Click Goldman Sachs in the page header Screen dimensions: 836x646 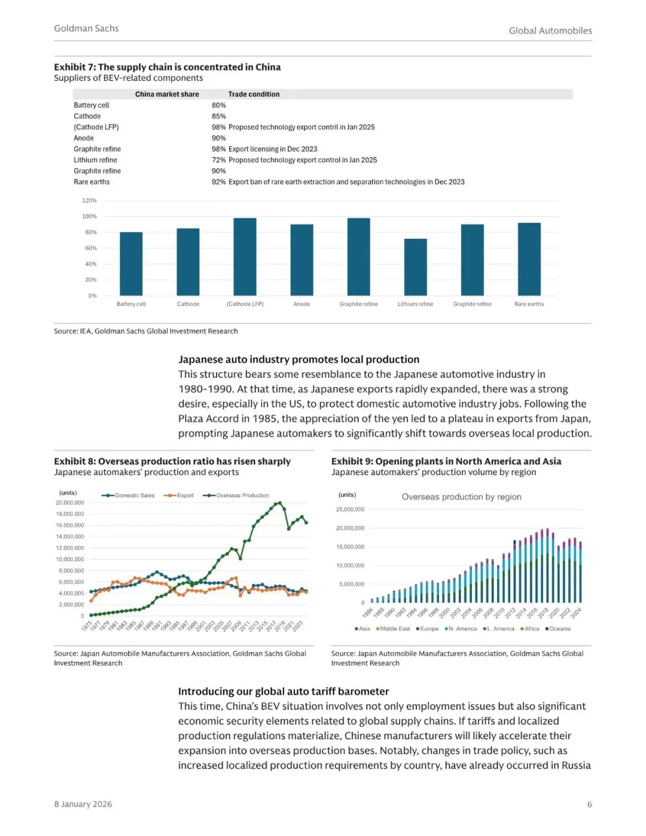tap(86, 28)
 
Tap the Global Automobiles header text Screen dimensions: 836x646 tap(550, 31)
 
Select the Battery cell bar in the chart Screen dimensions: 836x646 tap(131, 263)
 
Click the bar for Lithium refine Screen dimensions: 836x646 tap(415, 267)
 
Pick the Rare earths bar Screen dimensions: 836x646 tap(529, 259)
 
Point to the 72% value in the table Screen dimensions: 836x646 tap(218, 160)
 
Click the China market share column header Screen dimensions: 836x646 tap(167, 94)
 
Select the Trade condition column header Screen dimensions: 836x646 tap(254, 94)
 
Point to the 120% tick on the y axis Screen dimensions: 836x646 tap(89, 200)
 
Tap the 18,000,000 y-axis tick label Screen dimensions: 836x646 tap(70, 514)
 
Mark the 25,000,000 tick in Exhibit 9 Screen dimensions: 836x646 tap(350, 510)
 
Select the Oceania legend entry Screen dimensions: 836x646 tap(559, 629)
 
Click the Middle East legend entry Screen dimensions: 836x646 tap(395, 629)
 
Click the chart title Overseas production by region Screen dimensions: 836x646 tap(461, 497)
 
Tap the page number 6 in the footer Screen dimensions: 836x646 tap(589, 804)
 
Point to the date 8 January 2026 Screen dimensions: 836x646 tap(83, 804)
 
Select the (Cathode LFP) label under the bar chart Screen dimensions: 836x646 tap(245, 304)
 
